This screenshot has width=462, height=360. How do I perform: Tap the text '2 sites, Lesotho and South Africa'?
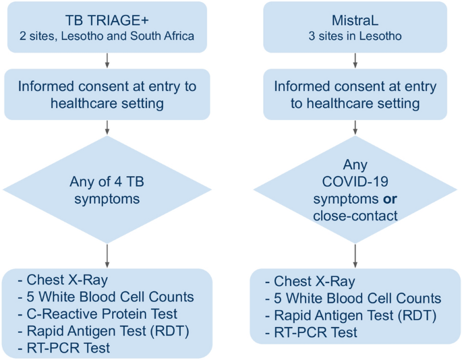pos(107,36)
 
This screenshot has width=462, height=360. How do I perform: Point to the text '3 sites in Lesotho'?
pos(355,36)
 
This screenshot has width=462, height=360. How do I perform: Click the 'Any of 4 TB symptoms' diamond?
pos(107,189)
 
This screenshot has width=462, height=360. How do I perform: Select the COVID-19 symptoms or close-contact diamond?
pos(355,189)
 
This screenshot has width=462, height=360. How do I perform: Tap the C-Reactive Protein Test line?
pos(97,313)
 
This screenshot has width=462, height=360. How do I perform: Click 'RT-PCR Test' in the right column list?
pos(308,332)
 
